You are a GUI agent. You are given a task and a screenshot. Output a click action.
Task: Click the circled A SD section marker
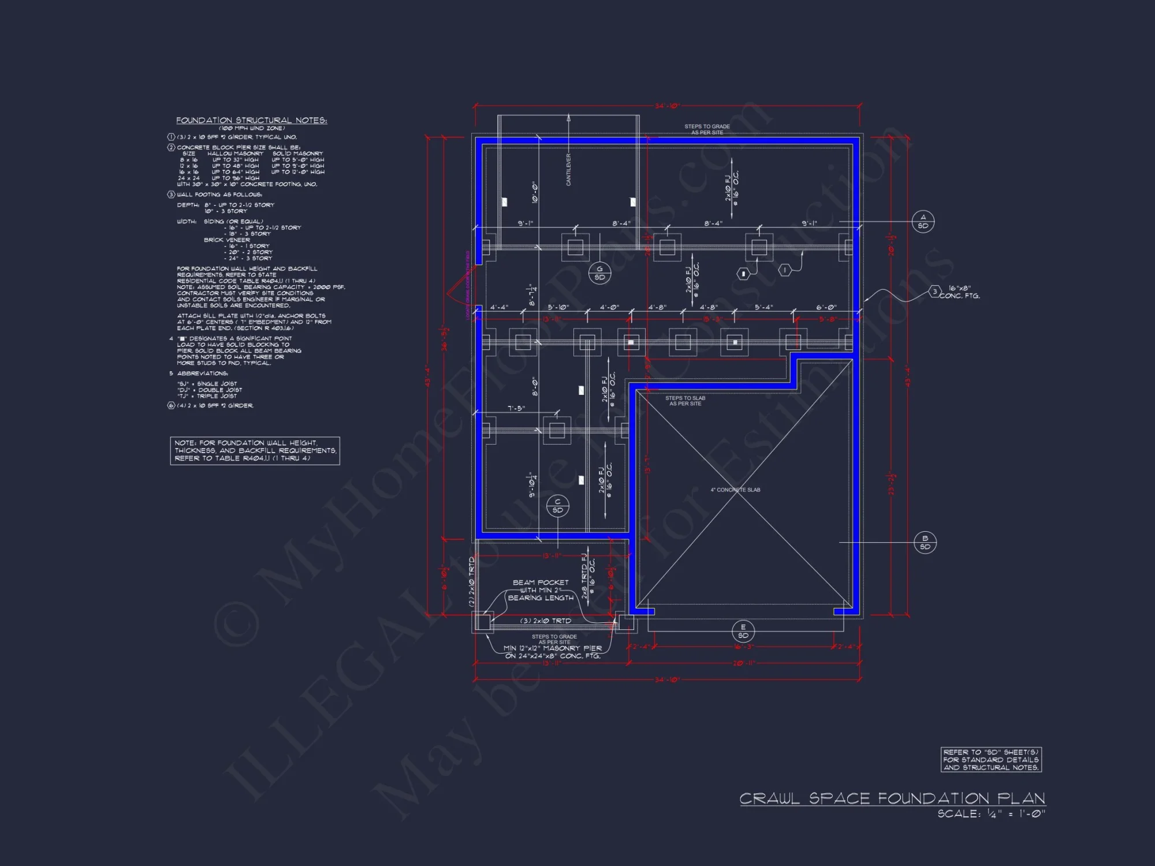[x=923, y=222]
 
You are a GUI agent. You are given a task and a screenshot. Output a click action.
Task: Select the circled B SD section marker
[x=925, y=543]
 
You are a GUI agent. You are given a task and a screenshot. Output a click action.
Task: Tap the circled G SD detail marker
[x=599, y=273]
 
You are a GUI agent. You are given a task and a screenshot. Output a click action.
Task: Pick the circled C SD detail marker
[x=557, y=506]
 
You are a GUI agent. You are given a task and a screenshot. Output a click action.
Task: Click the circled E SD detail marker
[x=743, y=631]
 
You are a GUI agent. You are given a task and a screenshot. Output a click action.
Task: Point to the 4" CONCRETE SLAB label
[x=735, y=490]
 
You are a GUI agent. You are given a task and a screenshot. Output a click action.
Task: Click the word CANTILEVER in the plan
[x=569, y=169]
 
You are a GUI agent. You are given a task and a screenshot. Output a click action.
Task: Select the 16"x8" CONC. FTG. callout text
[x=960, y=292]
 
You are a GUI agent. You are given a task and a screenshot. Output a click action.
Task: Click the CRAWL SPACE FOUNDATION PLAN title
[x=892, y=798]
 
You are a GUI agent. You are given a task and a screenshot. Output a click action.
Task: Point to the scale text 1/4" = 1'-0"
[x=991, y=814]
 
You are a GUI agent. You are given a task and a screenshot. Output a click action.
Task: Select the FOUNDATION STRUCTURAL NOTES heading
[x=251, y=120]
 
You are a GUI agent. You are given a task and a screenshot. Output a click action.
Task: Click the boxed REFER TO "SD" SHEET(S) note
[x=991, y=760]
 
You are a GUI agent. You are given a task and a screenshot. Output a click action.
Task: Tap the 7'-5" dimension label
[x=516, y=408]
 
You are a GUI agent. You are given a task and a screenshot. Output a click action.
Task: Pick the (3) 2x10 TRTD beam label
[x=546, y=621]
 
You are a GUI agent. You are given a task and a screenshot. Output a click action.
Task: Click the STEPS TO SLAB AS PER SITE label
[x=685, y=401]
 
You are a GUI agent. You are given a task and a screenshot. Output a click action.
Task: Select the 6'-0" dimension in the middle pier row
[x=826, y=307]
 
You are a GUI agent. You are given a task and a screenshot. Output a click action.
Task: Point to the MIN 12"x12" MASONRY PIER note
[x=553, y=652]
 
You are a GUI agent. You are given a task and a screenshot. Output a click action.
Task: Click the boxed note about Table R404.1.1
[x=255, y=450]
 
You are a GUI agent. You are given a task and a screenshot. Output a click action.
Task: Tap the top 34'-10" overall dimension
[x=667, y=106]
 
